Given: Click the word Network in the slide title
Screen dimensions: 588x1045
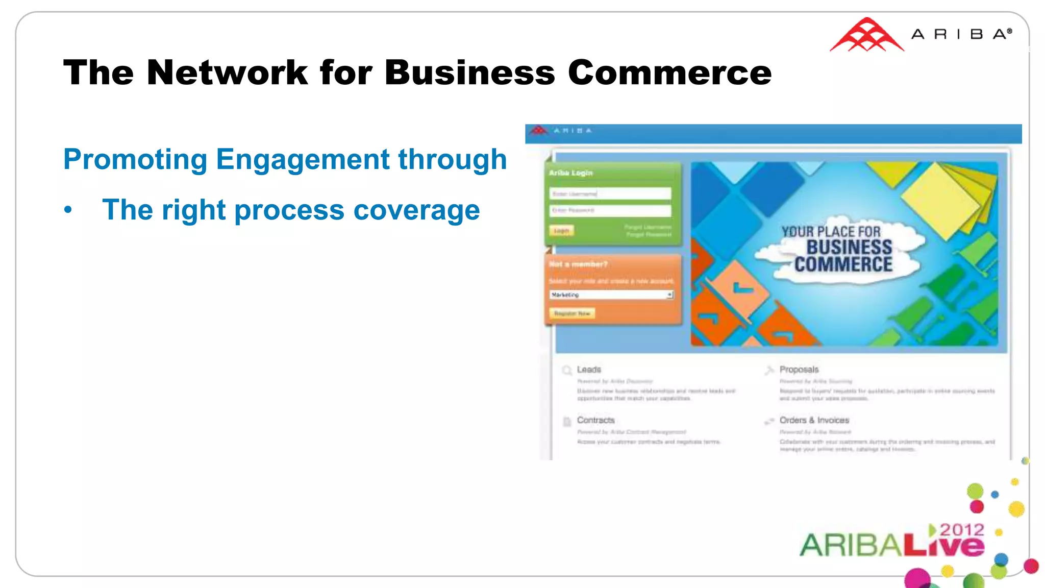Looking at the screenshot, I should click(x=227, y=72).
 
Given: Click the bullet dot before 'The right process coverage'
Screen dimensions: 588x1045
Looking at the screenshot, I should click(x=68, y=210).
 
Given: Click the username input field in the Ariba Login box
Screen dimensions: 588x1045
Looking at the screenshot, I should click(x=610, y=193).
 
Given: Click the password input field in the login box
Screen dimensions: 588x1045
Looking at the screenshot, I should click(x=610, y=210).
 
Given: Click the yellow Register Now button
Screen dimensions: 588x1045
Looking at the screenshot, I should click(x=572, y=313).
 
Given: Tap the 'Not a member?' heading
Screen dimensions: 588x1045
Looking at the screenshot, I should click(x=578, y=264).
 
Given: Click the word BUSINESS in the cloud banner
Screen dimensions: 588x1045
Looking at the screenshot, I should click(x=849, y=248).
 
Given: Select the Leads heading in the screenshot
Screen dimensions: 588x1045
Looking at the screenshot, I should click(x=589, y=369).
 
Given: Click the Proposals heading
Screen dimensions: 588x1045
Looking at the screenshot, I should click(x=799, y=369).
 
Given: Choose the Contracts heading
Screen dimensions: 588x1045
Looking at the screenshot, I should click(x=595, y=420).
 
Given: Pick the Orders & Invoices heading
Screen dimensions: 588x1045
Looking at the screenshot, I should click(x=814, y=420).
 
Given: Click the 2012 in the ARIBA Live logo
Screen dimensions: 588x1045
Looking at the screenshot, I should click(x=962, y=530).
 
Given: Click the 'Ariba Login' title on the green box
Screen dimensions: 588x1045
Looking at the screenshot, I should click(x=570, y=173).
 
